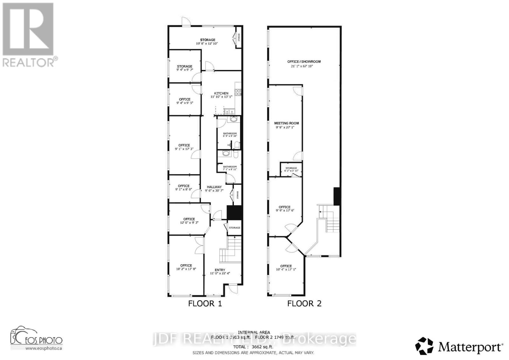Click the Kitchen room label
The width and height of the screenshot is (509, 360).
[221, 93]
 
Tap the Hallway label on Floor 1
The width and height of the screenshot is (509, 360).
[214, 187]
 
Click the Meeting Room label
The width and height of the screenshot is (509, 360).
[286, 123]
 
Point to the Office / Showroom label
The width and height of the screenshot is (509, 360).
[304, 61]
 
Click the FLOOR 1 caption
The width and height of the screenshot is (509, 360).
[205, 303]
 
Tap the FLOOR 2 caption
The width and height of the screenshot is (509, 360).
[304, 303]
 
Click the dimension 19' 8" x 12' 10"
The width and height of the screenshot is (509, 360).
[207, 44]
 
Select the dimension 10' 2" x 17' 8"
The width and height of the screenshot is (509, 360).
[186, 269]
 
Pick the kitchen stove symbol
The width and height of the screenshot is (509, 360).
[238, 92]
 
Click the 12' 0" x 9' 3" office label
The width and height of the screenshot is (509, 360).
[189, 221]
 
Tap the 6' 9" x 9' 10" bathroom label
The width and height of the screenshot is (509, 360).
[230, 135]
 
